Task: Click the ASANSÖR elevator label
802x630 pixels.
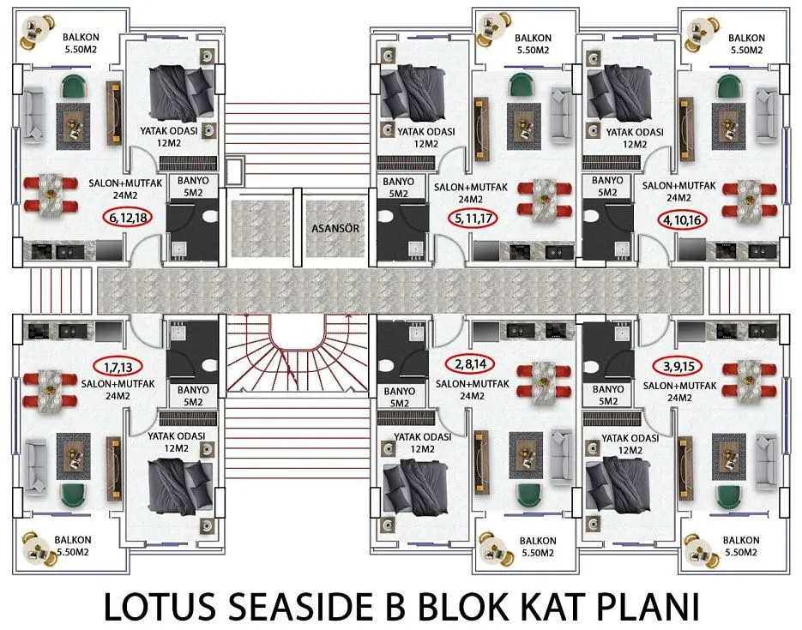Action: tap(335, 228)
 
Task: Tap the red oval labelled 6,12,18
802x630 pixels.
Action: tap(128, 219)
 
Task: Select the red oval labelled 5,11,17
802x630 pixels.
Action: tap(473, 219)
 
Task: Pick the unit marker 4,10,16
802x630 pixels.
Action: tap(682, 219)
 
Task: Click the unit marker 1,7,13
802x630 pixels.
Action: tap(118, 367)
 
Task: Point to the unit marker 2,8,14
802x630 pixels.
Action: tap(472, 364)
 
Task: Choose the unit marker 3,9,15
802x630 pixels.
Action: tap(678, 366)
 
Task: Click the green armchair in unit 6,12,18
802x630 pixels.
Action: tap(76, 87)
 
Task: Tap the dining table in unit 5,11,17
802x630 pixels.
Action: tap(544, 201)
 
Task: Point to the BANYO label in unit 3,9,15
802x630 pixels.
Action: tap(608, 395)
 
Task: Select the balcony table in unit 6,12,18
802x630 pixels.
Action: tap(35, 31)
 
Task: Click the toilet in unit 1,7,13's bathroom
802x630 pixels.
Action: tap(209, 365)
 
